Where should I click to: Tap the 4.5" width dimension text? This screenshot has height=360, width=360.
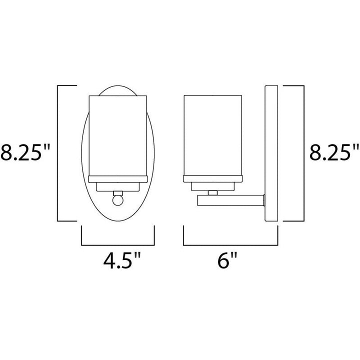(x=117, y=261)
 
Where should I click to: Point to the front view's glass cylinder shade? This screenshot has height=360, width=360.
(x=117, y=135)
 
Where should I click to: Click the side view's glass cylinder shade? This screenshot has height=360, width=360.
(x=212, y=135)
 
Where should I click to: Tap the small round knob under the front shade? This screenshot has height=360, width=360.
(x=118, y=200)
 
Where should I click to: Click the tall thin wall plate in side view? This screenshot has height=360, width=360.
(x=270, y=152)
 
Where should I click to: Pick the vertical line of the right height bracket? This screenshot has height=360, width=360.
(x=303, y=152)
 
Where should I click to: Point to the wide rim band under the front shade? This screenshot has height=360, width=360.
(x=117, y=179)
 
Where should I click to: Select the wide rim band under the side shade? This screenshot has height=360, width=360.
(x=212, y=179)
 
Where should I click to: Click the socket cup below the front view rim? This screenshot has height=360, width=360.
(x=117, y=186)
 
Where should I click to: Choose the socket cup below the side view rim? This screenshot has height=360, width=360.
(x=212, y=186)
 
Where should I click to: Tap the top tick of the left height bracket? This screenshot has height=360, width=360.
(x=68, y=86)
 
